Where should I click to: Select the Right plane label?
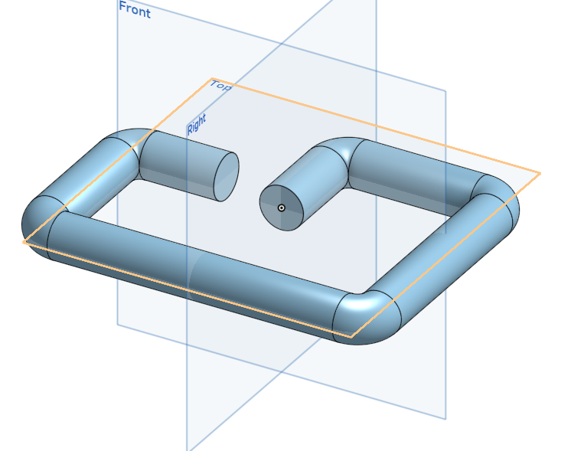pyautogui.click(x=197, y=125)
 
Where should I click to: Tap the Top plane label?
pyautogui.click(x=220, y=85)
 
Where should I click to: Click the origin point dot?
pyautogui.click(x=282, y=208)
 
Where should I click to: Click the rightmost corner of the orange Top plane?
pyautogui.click(x=540, y=174)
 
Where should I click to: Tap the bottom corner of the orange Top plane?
pyautogui.click(x=351, y=336)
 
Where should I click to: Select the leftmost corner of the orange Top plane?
pyautogui.click(x=24, y=242)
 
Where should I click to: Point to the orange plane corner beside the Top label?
pyautogui.click(x=212, y=78)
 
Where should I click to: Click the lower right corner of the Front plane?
pyautogui.click(x=445, y=419)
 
